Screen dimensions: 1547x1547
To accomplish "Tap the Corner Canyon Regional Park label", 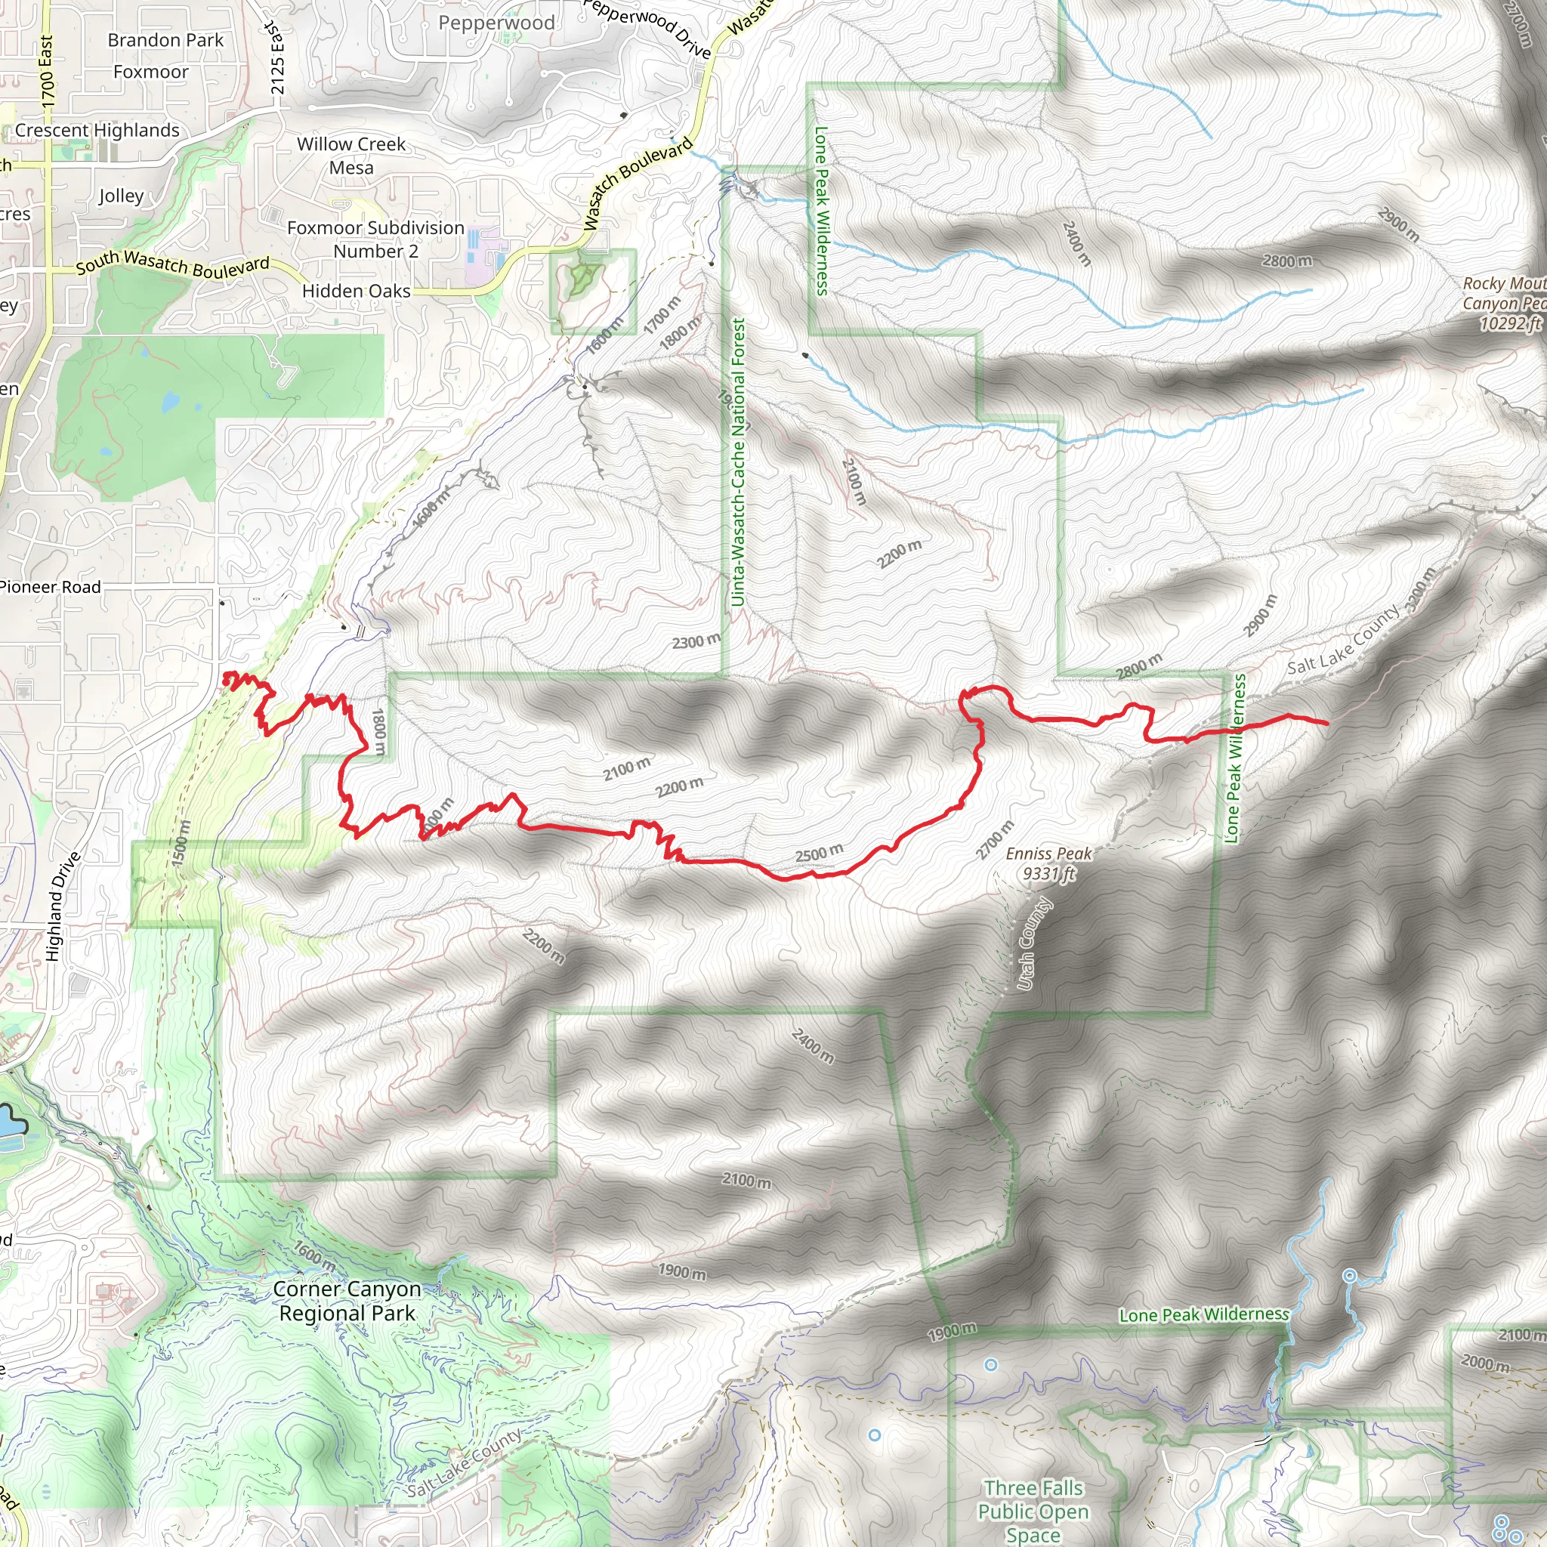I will pos(347,1302).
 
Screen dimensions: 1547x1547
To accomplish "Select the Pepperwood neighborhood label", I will pos(496,23).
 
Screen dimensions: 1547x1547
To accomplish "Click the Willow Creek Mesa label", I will pos(351,156).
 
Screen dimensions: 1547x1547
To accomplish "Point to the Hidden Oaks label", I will pos(357,292).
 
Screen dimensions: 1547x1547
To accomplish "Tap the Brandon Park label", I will pos(165,40).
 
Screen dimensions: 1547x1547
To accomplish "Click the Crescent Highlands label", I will pos(97,131).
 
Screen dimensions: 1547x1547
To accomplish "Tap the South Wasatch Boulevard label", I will pos(173,264).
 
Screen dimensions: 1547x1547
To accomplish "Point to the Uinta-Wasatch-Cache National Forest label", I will pos(737,462).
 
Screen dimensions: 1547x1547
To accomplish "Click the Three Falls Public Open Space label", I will pos(1033,1511).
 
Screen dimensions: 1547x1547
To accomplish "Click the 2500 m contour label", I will pos(819,853).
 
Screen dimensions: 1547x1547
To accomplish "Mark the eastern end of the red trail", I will pos(1326,724).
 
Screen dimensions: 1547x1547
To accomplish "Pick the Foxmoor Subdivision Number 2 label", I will pos(375,239).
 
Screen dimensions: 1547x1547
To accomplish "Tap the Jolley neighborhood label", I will pos(122,196).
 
